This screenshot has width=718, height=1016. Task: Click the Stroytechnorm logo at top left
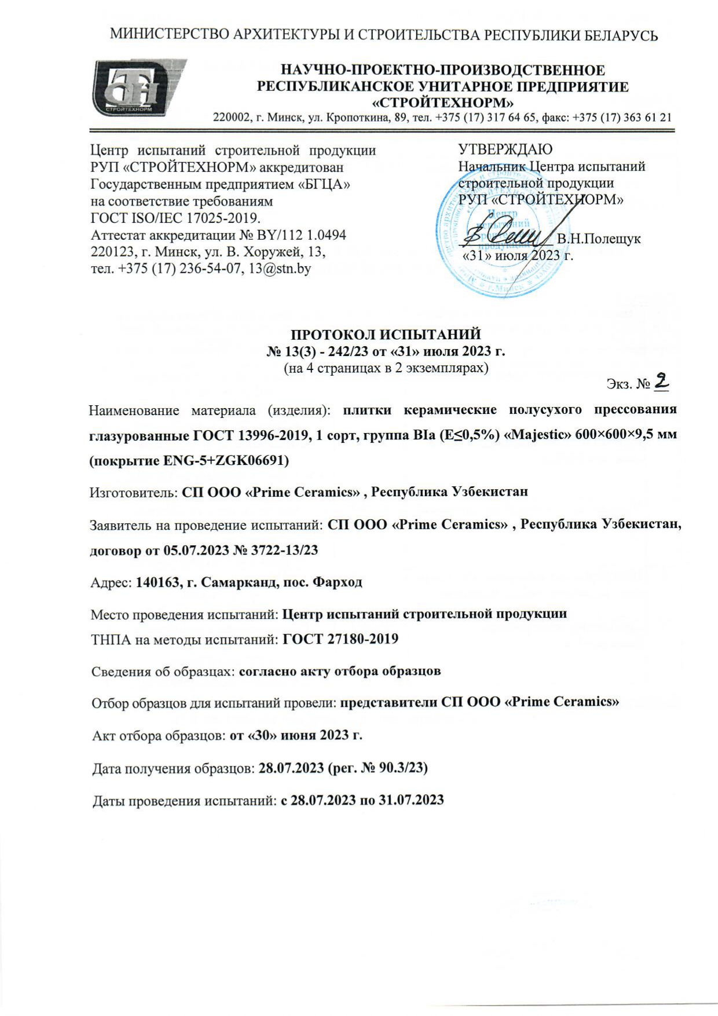137,87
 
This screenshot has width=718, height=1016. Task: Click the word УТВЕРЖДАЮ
505,149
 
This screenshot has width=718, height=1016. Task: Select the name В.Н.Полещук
599,239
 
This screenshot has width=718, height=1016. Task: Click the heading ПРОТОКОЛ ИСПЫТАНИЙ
386,335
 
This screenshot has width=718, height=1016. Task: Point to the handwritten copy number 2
661,381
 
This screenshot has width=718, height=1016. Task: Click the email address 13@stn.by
280,269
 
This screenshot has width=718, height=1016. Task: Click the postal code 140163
156,582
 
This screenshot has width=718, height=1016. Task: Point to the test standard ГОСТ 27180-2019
340,639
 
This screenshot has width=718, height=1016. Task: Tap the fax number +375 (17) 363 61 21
622,118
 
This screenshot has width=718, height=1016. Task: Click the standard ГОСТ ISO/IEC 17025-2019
175,218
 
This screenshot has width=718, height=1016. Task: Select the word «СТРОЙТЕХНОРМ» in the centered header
442,103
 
